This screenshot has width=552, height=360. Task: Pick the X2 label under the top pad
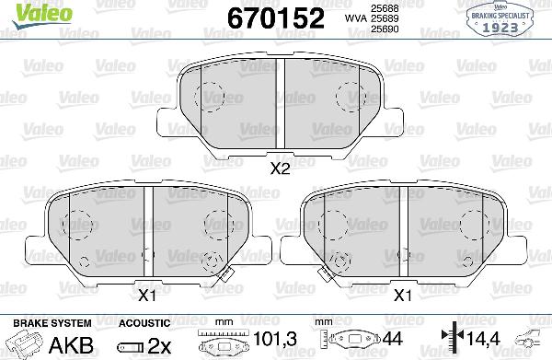281,168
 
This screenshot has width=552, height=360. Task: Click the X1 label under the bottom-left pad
145,295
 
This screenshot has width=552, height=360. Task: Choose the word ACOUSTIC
144,323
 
